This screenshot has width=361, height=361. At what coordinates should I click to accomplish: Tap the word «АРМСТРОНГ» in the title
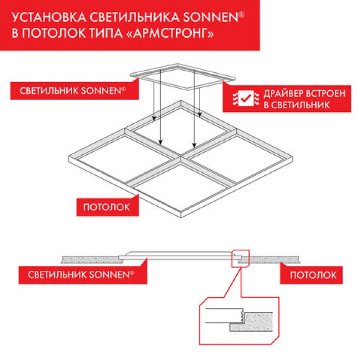point(170,34)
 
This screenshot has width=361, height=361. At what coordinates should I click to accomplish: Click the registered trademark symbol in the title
point(241,14)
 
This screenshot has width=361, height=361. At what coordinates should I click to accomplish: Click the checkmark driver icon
point(246,99)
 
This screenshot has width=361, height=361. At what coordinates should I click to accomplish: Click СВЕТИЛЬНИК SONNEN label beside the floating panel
point(73,91)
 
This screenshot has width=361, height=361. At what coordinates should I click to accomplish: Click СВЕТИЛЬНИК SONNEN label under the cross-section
point(81,275)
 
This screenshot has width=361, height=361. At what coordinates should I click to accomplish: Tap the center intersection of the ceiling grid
point(181,157)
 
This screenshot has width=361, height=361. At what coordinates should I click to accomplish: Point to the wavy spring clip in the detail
point(241,316)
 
